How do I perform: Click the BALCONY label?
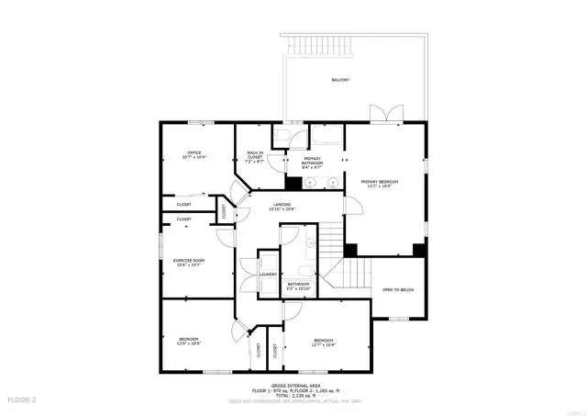(x=340, y=81)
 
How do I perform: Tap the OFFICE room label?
(x=194, y=152)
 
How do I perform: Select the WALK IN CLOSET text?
(x=256, y=154)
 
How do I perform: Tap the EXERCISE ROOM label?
(x=189, y=261)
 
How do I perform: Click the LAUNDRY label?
(x=268, y=275)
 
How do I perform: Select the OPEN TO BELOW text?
(x=398, y=289)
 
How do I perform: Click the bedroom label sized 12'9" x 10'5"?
(x=189, y=340)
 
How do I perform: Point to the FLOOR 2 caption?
(x=22, y=400)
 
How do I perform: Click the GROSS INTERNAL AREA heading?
(x=293, y=386)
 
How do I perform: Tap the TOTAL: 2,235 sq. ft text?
(x=293, y=396)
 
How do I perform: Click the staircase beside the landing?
(x=330, y=241)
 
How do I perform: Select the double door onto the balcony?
(x=384, y=115)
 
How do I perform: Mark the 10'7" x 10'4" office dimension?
(x=194, y=158)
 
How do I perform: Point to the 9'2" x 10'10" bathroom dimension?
(x=298, y=289)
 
